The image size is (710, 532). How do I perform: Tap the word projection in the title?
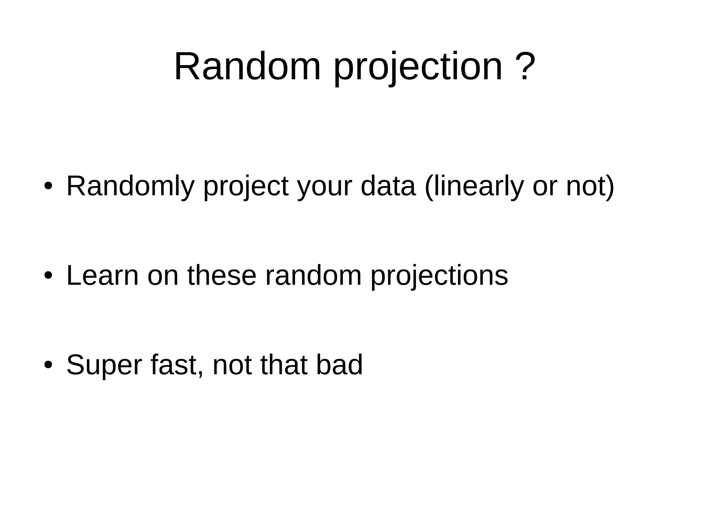click(417, 68)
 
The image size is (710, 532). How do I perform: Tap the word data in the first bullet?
click(388, 186)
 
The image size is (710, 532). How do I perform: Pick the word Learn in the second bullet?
click(102, 276)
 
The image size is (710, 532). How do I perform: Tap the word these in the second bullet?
click(222, 276)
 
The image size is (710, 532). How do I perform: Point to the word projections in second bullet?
click(439, 277)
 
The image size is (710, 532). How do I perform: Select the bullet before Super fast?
click(48, 365)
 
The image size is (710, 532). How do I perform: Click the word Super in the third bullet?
click(104, 365)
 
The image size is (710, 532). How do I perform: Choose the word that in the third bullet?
click(284, 365)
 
